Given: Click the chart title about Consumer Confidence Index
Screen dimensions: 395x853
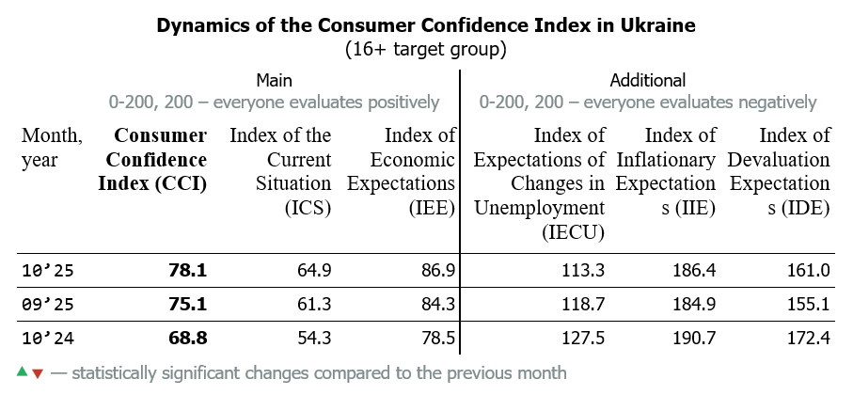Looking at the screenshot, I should click(x=426, y=25).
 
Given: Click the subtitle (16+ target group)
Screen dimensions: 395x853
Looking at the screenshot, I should click(x=426, y=48).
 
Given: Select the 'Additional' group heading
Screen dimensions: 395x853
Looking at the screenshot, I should click(x=648, y=80).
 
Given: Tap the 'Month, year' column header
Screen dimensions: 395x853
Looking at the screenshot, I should click(x=52, y=148).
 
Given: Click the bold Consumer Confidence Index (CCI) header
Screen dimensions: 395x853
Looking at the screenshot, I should click(x=152, y=160).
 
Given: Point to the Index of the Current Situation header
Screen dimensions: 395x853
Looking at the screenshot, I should click(x=280, y=172).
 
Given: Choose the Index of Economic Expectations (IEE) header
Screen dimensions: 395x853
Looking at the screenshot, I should click(x=402, y=172).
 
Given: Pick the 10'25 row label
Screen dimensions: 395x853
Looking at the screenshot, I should click(x=47, y=271).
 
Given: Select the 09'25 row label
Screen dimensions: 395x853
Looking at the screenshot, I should click(x=47, y=304).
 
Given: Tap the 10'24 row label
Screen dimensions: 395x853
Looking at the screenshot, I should click(x=47, y=337).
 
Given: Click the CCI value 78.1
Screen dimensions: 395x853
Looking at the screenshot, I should click(x=187, y=271).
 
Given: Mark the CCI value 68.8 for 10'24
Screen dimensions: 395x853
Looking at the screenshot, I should click(x=187, y=337).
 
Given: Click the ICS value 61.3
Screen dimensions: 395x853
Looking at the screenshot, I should click(x=313, y=304).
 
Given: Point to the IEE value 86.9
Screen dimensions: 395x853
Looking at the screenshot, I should click(x=437, y=271).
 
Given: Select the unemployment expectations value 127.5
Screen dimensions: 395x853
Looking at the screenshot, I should click(x=583, y=337).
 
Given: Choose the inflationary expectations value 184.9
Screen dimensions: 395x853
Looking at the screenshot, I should click(x=695, y=304).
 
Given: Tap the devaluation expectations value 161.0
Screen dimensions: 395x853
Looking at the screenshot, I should click(x=808, y=271).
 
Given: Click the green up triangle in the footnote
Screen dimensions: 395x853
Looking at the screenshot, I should click(x=23, y=372).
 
